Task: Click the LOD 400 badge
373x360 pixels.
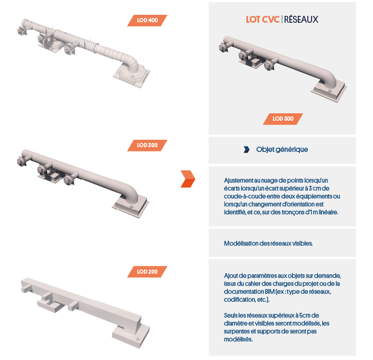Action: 147,21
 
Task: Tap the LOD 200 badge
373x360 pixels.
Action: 147,272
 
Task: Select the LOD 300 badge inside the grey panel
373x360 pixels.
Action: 283,119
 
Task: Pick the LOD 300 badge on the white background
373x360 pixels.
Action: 147,145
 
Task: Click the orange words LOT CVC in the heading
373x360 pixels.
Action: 262,20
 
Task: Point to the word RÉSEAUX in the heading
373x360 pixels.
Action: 301,19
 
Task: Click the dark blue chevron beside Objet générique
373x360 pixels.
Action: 247,149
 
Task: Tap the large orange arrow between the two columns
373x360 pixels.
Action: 188,179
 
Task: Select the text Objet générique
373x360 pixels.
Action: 282,149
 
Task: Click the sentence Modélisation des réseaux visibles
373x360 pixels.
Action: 268,244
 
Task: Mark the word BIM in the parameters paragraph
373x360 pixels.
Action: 270,292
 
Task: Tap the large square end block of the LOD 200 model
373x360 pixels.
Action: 131,335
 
